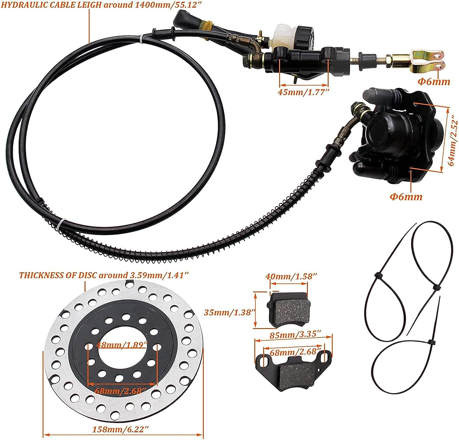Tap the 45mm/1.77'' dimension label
(303, 92)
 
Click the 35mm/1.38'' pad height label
(229, 312)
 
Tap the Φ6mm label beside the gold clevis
(434, 82)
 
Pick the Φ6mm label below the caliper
(406, 196)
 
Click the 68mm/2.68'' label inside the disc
(120, 391)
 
